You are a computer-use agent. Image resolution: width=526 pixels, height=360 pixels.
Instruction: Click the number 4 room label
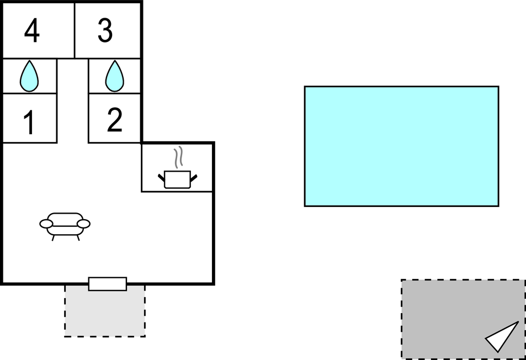click(32, 30)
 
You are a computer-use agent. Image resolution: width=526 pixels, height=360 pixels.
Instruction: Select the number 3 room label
click(105, 30)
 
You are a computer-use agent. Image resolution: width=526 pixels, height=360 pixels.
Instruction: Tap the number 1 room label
click(29, 123)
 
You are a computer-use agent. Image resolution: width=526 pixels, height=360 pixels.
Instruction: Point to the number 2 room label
click(115, 120)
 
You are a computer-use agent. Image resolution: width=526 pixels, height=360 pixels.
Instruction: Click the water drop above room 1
click(29, 76)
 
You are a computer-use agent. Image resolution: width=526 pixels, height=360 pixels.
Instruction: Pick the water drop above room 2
click(115, 76)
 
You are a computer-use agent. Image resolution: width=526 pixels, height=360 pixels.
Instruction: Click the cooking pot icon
click(178, 179)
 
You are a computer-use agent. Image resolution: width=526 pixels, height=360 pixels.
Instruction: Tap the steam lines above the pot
click(179, 157)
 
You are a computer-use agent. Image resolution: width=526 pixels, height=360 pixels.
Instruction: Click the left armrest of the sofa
click(46, 224)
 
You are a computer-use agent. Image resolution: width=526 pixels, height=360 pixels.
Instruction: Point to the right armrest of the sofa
click(83, 224)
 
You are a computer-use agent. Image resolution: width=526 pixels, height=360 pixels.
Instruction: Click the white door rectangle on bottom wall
click(108, 284)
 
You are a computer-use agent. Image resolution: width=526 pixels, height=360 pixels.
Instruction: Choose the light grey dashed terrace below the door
click(105, 311)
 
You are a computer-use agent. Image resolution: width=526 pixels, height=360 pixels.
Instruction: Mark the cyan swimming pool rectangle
click(402, 146)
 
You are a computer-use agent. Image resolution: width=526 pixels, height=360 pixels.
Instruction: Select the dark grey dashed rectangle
click(463, 319)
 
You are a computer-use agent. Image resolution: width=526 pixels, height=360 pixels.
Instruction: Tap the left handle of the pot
click(161, 177)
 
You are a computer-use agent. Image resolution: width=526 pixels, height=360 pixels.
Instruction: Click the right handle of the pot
click(194, 178)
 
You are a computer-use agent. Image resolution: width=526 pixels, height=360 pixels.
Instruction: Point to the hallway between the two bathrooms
click(72, 100)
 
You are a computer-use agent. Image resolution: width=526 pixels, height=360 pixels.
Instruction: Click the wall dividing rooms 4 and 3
click(75, 30)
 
